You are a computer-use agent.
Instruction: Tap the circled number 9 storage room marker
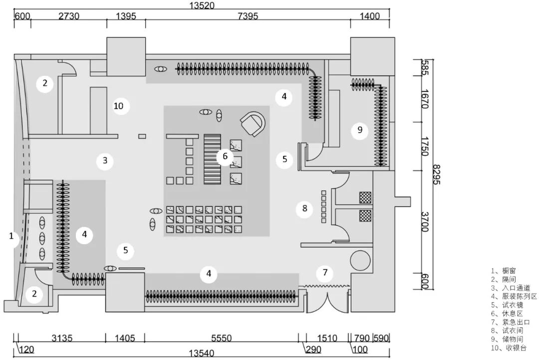tap(359, 131)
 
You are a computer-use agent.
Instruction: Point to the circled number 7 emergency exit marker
tap(325, 273)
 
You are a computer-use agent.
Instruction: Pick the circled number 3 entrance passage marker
tap(105, 161)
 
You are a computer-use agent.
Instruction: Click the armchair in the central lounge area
tap(254, 123)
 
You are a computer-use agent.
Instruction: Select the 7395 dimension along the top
tap(248, 16)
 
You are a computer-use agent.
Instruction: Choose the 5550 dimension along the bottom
tap(221, 339)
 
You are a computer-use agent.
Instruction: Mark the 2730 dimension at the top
tap(68, 16)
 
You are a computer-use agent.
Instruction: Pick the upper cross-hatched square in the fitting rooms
tap(366, 198)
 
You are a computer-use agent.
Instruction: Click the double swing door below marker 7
tap(327, 300)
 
